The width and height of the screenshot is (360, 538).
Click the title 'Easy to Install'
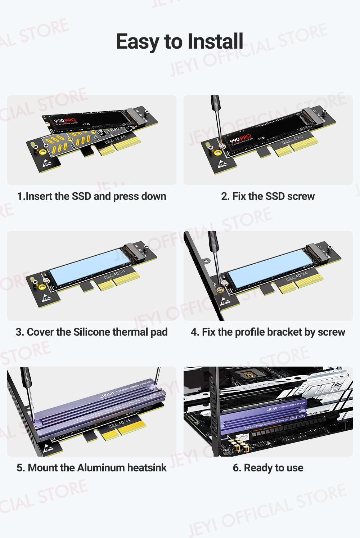point(179,41)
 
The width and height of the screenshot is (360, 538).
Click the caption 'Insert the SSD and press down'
point(92,196)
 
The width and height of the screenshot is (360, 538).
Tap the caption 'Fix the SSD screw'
point(268,196)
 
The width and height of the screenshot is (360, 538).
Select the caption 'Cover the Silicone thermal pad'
point(91,332)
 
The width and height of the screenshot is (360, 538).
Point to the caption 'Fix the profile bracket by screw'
point(268,332)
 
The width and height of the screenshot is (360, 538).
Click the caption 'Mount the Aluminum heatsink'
point(91,468)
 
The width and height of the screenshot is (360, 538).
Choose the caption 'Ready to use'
point(268,468)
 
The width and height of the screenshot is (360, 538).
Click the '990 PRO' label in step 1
point(65,120)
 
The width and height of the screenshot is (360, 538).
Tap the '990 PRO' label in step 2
point(240,139)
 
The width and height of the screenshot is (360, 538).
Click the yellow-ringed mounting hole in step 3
point(42,287)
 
